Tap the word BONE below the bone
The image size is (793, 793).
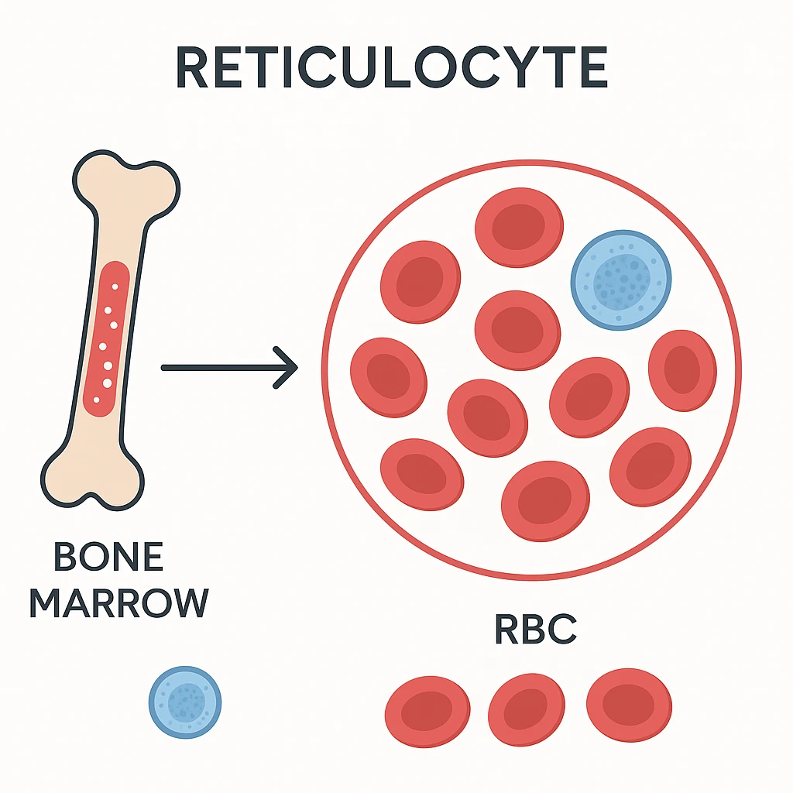(108, 558)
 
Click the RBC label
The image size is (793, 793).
(536, 630)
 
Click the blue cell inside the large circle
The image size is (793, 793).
(621, 280)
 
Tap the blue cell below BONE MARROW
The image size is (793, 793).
(185, 703)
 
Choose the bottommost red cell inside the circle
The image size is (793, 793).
(545, 500)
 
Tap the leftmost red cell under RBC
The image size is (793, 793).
(427, 711)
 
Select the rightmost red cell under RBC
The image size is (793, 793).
(629, 705)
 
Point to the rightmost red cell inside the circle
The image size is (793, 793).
(681, 370)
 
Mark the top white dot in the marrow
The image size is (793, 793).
(115, 287)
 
